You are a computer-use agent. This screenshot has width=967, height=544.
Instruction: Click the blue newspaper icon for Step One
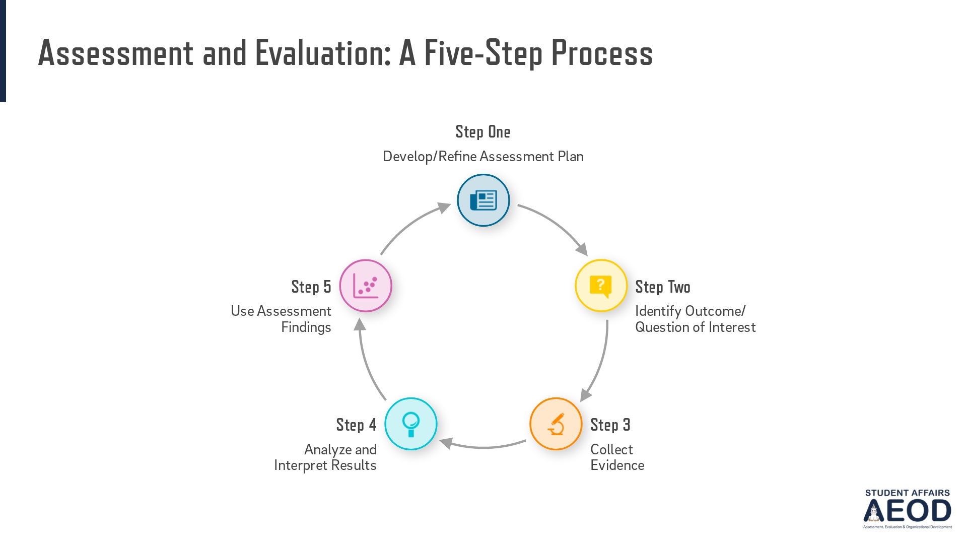[x=483, y=200]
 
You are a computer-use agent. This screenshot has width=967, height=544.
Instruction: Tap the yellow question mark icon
[x=601, y=286]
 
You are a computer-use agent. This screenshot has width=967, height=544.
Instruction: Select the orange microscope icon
[x=556, y=424]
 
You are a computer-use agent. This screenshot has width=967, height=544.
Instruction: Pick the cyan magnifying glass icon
[x=411, y=424]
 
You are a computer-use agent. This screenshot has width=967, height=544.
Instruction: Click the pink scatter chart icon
[x=366, y=286]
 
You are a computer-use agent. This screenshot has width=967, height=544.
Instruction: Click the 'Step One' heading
[x=482, y=132]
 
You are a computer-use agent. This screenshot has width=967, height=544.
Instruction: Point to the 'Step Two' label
[x=662, y=287]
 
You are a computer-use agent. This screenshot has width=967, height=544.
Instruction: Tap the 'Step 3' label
[x=610, y=425]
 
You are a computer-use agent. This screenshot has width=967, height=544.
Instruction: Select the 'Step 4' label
[x=356, y=425]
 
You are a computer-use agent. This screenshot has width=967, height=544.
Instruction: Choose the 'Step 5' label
[x=311, y=287]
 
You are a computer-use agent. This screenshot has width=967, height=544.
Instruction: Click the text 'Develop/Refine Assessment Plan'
[x=482, y=157]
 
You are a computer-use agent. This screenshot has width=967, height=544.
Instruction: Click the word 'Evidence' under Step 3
[x=617, y=465]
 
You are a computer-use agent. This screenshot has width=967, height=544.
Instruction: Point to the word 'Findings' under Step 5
[x=306, y=327]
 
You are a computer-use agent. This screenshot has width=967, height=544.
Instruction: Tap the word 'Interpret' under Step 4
[x=299, y=465]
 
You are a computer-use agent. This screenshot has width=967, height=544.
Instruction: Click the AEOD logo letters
[x=908, y=511]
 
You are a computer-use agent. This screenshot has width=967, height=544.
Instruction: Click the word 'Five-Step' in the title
[x=482, y=53]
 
